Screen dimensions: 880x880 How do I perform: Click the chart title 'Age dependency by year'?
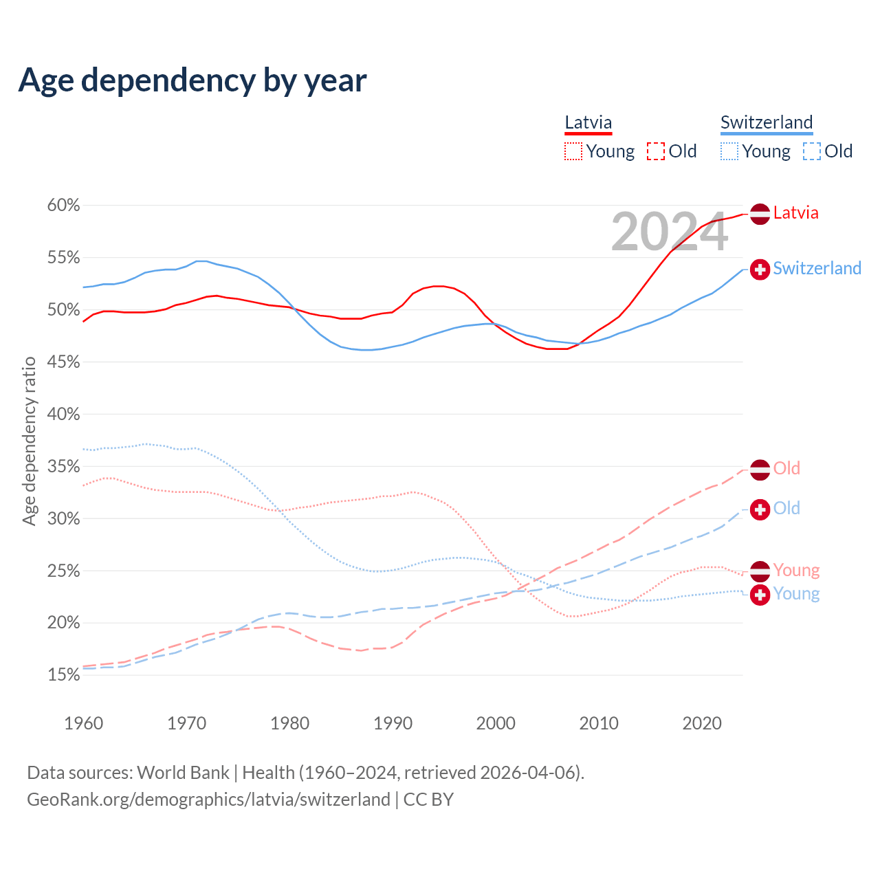(192, 80)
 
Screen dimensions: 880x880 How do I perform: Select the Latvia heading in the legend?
(588, 122)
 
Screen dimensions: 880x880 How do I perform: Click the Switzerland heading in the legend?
(767, 122)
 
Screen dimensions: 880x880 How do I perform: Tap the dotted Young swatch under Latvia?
(573, 151)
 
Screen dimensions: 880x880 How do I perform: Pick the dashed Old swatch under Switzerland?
(812, 151)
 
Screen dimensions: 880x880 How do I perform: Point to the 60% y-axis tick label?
(63, 206)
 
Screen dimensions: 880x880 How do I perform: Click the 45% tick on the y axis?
(63, 362)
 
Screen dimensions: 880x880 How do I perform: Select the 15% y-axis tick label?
(63, 675)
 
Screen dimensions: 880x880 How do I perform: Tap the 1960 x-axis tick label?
(83, 723)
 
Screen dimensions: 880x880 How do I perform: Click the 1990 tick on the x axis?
(393, 723)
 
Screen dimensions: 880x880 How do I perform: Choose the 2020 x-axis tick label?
(701, 723)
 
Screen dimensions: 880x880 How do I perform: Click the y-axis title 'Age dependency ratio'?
(29, 441)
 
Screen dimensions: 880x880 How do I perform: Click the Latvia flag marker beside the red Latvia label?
(760, 214)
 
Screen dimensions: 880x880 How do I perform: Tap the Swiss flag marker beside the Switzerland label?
(760, 269)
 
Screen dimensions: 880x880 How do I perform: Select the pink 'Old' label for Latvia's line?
(786, 469)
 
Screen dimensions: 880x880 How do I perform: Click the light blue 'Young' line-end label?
(796, 594)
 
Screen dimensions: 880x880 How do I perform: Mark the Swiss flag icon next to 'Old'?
(760, 509)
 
